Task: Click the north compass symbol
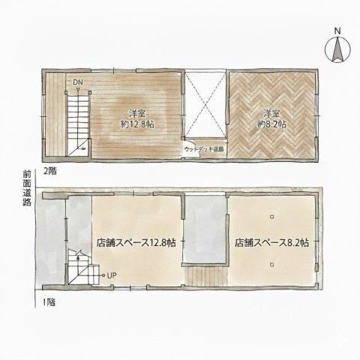337,49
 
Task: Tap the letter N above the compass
337,31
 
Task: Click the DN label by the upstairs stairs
78,82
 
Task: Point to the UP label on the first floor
111,274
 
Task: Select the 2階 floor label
49,170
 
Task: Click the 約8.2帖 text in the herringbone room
271,124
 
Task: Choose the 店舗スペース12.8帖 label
136,243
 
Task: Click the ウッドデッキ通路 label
203,150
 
